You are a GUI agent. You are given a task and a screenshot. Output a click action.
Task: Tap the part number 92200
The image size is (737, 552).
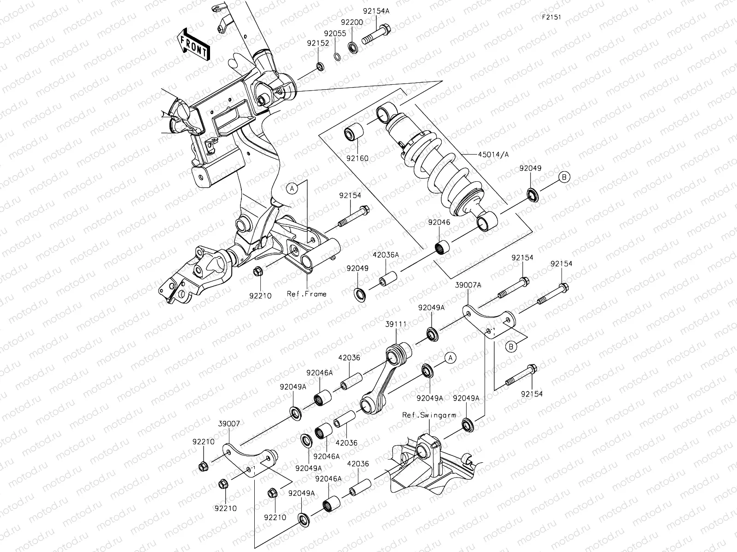352,22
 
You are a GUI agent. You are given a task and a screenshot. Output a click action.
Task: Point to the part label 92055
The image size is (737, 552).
334,34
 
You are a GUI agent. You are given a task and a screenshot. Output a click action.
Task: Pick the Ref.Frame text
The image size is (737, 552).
306,293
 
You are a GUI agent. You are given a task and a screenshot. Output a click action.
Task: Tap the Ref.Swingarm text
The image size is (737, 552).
429,415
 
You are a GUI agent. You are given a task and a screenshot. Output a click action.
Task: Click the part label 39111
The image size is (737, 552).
396,324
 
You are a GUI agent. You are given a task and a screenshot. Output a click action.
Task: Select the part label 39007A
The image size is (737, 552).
469,285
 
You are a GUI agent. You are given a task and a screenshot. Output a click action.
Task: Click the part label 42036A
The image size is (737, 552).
386,254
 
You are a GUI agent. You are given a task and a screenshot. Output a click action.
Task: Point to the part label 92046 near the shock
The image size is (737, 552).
439,222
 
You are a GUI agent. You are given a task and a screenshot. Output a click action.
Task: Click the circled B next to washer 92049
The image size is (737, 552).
565,177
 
